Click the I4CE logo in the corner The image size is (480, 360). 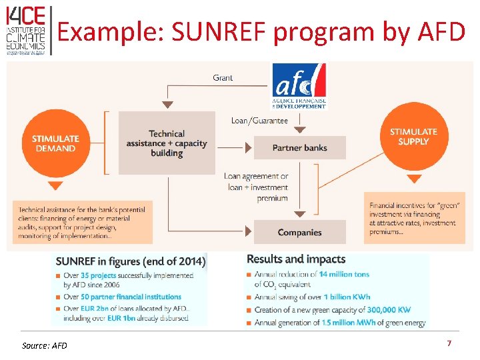pyautogui.click(x=26, y=30)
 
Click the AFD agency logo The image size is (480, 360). pyautogui.click(x=299, y=86)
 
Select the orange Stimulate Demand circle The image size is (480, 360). pyautogui.click(x=55, y=143)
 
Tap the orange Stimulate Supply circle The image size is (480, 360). pyautogui.click(x=413, y=137)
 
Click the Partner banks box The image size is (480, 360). pyautogui.click(x=299, y=147)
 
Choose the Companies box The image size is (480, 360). pyautogui.click(x=299, y=232)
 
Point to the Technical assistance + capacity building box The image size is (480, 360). pyautogui.click(x=167, y=143)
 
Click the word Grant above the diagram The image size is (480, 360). pyautogui.click(x=223, y=78)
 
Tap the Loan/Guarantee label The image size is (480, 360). pyautogui.click(x=259, y=121)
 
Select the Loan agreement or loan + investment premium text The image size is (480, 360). pyautogui.click(x=256, y=187)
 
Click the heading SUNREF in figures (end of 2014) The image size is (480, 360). pyautogui.click(x=131, y=261)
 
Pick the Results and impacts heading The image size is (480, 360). pyautogui.click(x=296, y=259)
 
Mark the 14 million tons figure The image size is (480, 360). pyautogui.click(x=343, y=274)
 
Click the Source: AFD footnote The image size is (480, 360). pyautogui.click(x=45, y=345)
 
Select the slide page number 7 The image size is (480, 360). pyautogui.click(x=449, y=343)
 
